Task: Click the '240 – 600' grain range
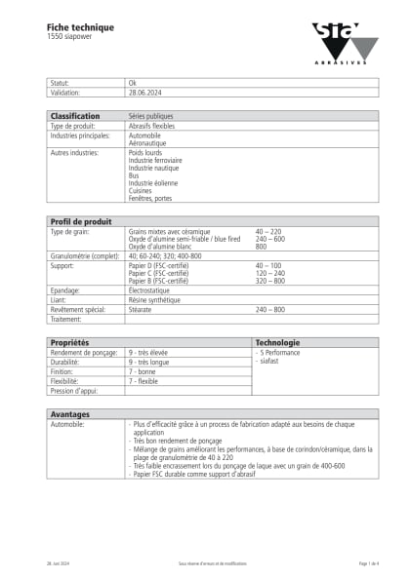(269, 239)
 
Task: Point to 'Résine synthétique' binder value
(154, 299)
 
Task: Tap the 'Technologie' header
(277, 343)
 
